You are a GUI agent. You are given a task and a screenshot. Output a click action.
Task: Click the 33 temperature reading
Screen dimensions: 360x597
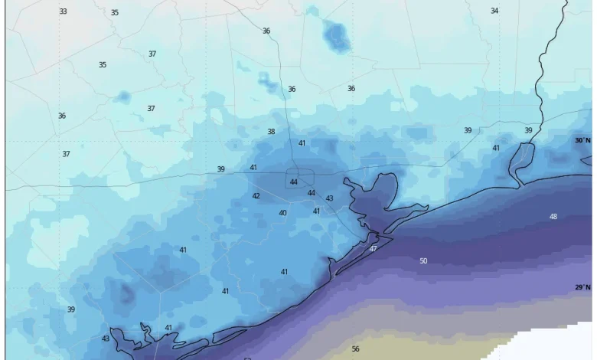coord(63,11)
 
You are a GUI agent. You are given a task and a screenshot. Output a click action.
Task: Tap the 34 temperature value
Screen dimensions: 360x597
coord(494,11)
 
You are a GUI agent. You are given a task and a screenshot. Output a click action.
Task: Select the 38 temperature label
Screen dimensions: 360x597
coord(271,132)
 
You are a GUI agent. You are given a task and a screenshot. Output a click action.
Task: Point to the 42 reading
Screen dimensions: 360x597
coord(256,196)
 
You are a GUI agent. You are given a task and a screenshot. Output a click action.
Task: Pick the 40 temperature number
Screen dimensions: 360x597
coord(282,213)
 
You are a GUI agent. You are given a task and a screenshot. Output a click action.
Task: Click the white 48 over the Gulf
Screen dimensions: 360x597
coord(553,217)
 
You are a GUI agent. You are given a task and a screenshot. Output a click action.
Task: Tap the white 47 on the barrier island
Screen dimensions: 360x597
coord(374,249)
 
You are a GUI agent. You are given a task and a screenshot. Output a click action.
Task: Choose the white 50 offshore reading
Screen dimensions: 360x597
coord(423,261)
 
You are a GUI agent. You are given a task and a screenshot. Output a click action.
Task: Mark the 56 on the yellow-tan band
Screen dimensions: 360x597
coord(355,349)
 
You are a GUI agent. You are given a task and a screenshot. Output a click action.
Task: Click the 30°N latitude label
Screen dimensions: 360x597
coord(582,141)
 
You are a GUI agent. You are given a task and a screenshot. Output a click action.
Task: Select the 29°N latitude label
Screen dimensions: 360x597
coord(582,287)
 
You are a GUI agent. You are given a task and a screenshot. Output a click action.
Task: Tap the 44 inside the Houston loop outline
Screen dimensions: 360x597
coord(294,182)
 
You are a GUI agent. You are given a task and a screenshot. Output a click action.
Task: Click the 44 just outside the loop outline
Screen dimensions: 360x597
coord(312,193)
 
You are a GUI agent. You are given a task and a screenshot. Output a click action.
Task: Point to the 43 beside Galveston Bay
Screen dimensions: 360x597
coord(329,198)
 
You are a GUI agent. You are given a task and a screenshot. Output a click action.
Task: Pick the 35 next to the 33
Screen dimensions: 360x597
coord(115,13)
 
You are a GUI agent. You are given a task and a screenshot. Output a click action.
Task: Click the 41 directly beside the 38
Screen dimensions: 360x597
coord(302,143)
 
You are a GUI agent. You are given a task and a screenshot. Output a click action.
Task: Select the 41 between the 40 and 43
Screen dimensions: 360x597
coord(316,211)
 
